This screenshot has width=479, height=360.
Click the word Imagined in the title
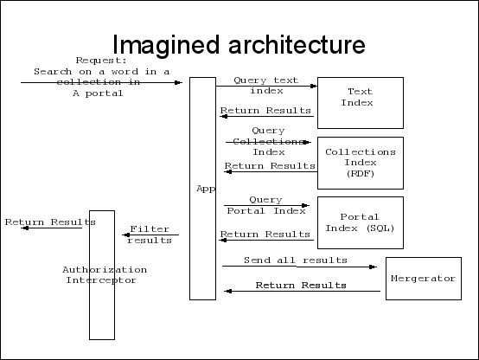pyautogui.click(x=166, y=45)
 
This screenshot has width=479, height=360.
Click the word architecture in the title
pyautogui.click(x=297, y=45)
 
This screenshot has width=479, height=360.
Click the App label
pyautogui.click(x=206, y=189)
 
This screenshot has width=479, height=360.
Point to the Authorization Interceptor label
pyautogui.click(x=105, y=275)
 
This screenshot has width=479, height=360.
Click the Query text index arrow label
pyautogui.click(x=266, y=86)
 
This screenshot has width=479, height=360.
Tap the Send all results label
pyautogui.click(x=296, y=260)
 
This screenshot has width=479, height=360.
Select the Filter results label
pyautogui.click(x=150, y=235)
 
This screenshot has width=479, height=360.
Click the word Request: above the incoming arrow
pyautogui.click(x=101, y=61)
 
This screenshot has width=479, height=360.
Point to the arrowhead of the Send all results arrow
pyautogui.click(x=373, y=267)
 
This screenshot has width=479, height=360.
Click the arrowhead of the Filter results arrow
pyautogui.click(x=126, y=235)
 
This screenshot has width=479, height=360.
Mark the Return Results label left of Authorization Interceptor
pyautogui.click(x=50, y=222)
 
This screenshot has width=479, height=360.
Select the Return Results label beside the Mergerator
pyautogui.click(x=301, y=286)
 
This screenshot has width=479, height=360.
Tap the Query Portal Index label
pyautogui.click(x=266, y=205)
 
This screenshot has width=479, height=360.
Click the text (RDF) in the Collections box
pyautogui.click(x=361, y=174)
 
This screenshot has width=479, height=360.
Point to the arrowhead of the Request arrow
pyautogui.click(x=178, y=82)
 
